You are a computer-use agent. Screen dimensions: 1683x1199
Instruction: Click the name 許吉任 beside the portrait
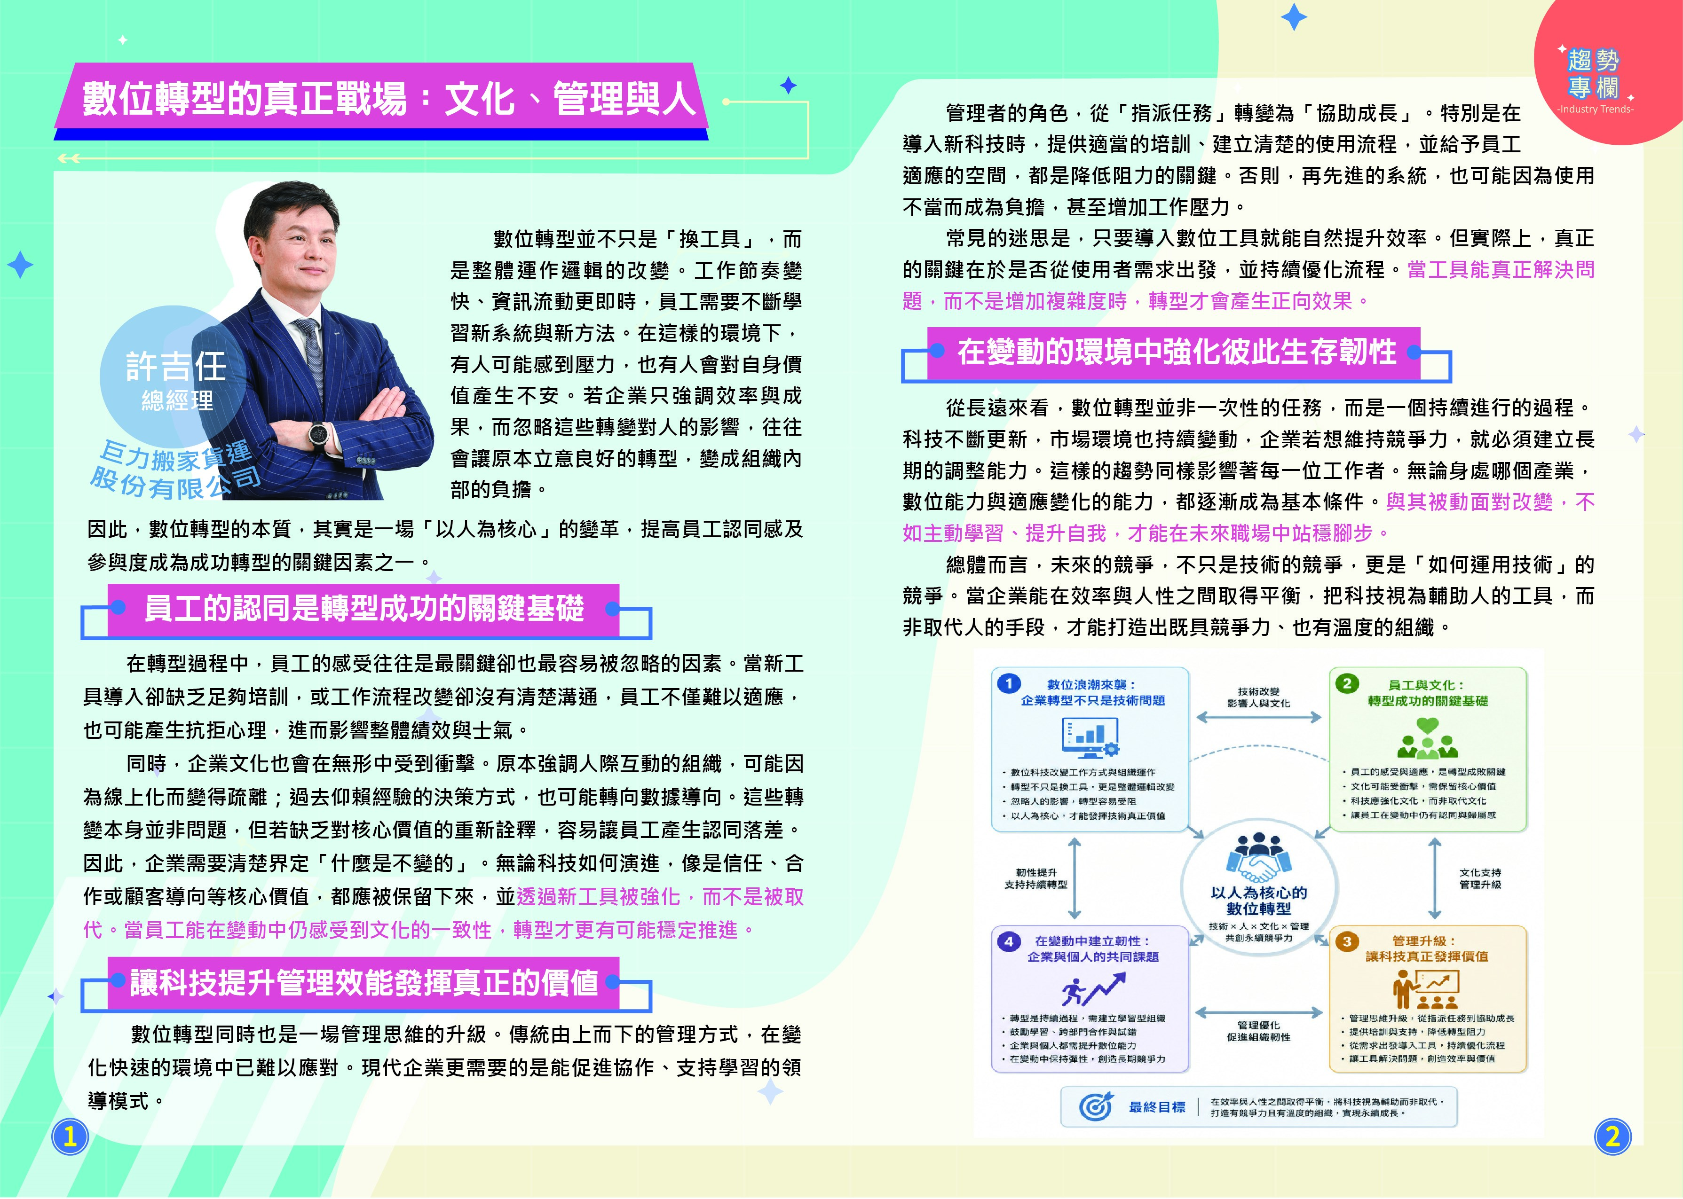pyautogui.click(x=176, y=366)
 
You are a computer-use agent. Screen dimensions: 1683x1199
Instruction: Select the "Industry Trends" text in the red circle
pyautogui.click(x=1595, y=109)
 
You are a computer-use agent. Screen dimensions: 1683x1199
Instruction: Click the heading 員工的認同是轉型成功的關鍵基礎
pyautogui.click(x=364, y=608)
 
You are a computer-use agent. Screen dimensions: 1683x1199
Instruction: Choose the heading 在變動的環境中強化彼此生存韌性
pyautogui.click(x=1177, y=352)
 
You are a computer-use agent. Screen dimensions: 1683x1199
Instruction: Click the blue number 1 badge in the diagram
pyautogui.click(x=1008, y=683)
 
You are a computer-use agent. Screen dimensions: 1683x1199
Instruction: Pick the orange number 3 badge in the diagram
pyautogui.click(x=1347, y=941)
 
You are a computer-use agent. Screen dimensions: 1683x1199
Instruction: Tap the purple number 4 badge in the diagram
pyautogui.click(x=1008, y=941)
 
